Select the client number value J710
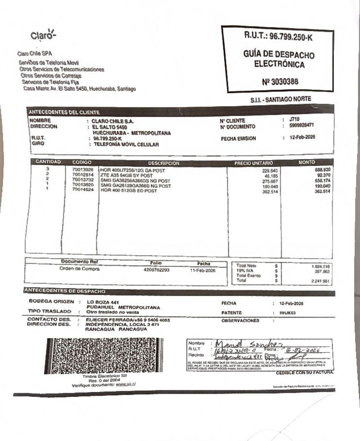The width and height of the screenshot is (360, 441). pos(294,120)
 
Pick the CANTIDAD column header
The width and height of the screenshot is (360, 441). pos(48,162)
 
